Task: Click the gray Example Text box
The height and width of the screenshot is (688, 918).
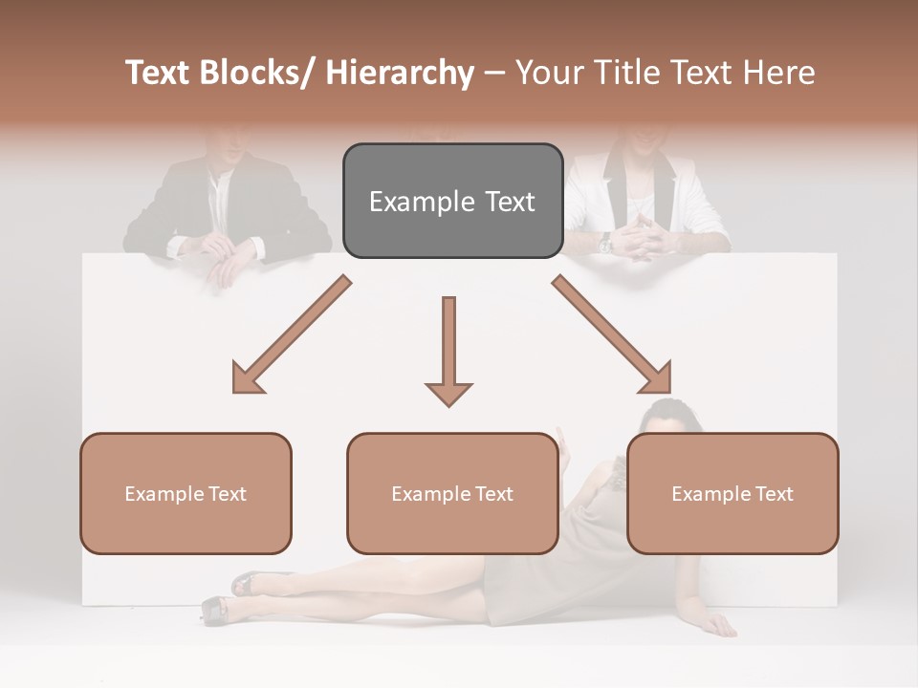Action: point(452,201)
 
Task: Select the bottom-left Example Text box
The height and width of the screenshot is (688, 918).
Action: point(186,493)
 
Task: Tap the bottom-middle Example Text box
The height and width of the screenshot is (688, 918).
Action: point(452,493)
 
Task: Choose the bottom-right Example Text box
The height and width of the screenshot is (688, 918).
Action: point(732,493)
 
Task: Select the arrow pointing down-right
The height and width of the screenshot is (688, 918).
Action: point(613,335)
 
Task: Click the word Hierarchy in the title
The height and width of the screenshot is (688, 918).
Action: point(400,73)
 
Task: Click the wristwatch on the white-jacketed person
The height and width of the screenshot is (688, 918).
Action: point(605,243)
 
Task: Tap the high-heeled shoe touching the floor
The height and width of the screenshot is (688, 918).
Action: point(216,609)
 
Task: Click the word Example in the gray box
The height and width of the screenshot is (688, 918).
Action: point(408,202)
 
